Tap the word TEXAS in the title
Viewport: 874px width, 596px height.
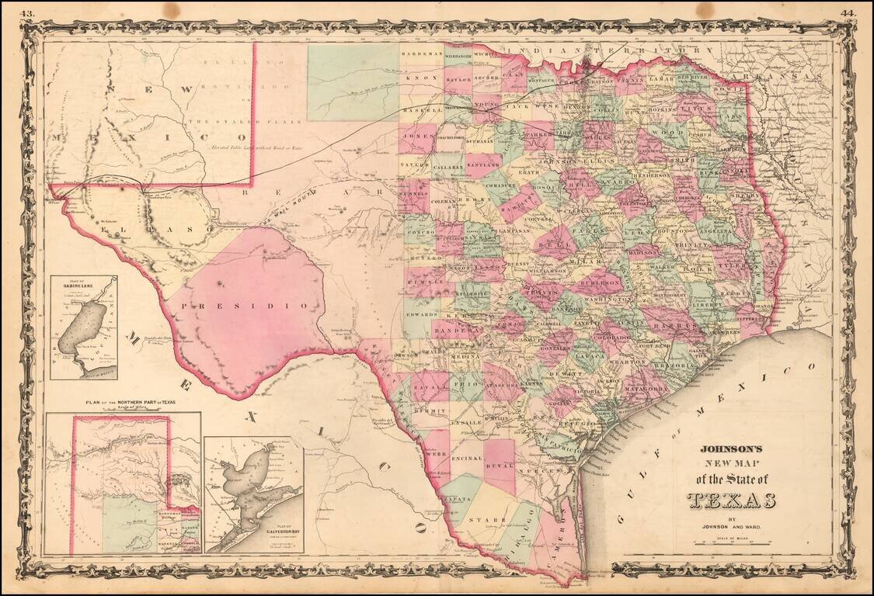(731, 500)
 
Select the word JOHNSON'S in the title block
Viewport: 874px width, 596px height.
(731, 449)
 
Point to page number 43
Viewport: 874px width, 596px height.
(27, 12)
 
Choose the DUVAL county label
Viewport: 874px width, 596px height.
(500, 466)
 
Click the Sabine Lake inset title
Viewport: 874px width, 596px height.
(83, 285)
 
